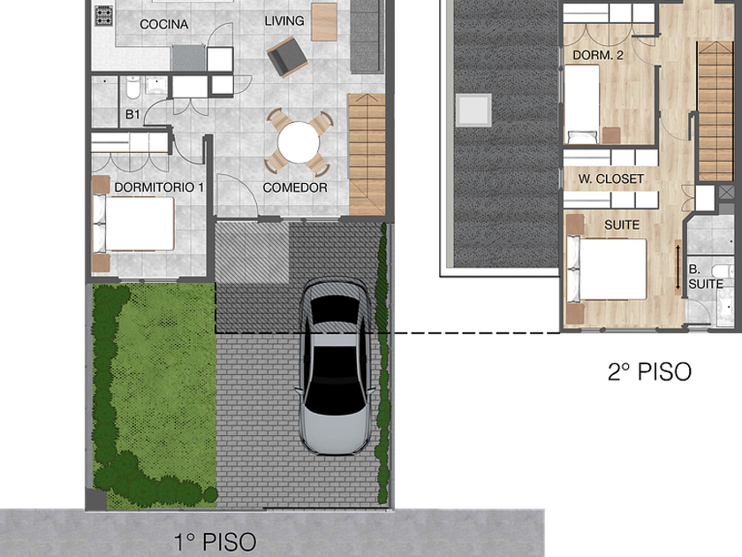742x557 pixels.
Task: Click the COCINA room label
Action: point(163,24)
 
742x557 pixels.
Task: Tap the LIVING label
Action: point(284,21)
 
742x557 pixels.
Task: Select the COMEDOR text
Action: point(295,187)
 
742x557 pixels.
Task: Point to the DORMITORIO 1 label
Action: point(159,187)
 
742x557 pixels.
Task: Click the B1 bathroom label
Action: point(132,114)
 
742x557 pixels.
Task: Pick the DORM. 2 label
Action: point(598,55)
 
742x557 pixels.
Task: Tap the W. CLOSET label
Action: point(611,179)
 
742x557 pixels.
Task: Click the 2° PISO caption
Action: point(649,372)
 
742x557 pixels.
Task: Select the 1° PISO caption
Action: point(215,542)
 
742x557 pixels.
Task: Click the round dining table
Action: point(299,142)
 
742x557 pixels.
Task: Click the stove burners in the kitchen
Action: point(103,16)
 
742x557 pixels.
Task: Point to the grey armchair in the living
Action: point(287,57)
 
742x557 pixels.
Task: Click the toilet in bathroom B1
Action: point(133,88)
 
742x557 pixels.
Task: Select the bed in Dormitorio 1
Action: point(134,224)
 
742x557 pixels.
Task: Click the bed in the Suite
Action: point(607,270)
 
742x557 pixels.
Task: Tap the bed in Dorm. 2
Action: point(581,104)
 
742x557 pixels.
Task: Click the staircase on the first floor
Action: point(367,155)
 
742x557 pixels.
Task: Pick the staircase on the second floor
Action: point(715,111)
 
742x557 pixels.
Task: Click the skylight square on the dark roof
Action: point(473,110)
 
